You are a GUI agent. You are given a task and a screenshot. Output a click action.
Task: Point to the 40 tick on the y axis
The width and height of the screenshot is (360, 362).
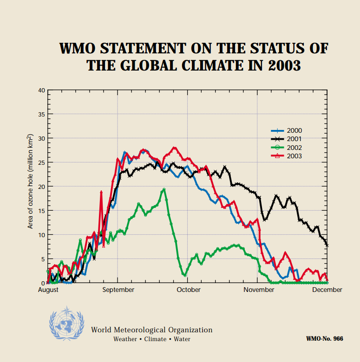(x=42, y=90)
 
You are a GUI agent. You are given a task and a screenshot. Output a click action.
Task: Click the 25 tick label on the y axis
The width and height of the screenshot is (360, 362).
(x=42, y=162)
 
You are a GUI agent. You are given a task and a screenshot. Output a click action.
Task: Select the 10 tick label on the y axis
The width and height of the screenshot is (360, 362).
(x=42, y=235)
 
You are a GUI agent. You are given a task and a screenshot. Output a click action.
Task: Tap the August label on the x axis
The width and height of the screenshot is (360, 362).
(x=48, y=290)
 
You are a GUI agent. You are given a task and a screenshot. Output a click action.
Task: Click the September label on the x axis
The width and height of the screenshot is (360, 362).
(x=118, y=290)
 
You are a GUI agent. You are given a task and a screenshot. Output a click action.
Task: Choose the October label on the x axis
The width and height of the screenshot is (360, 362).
(x=188, y=290)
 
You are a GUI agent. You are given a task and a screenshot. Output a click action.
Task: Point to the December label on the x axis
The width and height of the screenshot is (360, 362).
(x=327, y=290)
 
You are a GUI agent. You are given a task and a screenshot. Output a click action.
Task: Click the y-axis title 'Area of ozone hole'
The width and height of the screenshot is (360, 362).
(x=31, y=181)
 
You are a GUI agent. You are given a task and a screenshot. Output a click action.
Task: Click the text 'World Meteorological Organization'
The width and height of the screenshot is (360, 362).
(x=151, y=330)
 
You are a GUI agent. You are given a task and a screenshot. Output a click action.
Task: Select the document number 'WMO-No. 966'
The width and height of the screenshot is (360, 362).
(x=325, y=339)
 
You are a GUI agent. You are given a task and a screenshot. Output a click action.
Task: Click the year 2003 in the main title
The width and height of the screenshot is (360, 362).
(x=284, y=65)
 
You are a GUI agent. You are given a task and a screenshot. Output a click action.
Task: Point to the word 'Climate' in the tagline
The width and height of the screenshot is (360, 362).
(x=155, y=339)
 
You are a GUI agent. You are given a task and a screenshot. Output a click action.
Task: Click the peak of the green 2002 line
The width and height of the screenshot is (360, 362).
(x=164, y=189)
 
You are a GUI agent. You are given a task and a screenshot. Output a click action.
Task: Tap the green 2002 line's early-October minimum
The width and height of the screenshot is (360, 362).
(x=185, y=275)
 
